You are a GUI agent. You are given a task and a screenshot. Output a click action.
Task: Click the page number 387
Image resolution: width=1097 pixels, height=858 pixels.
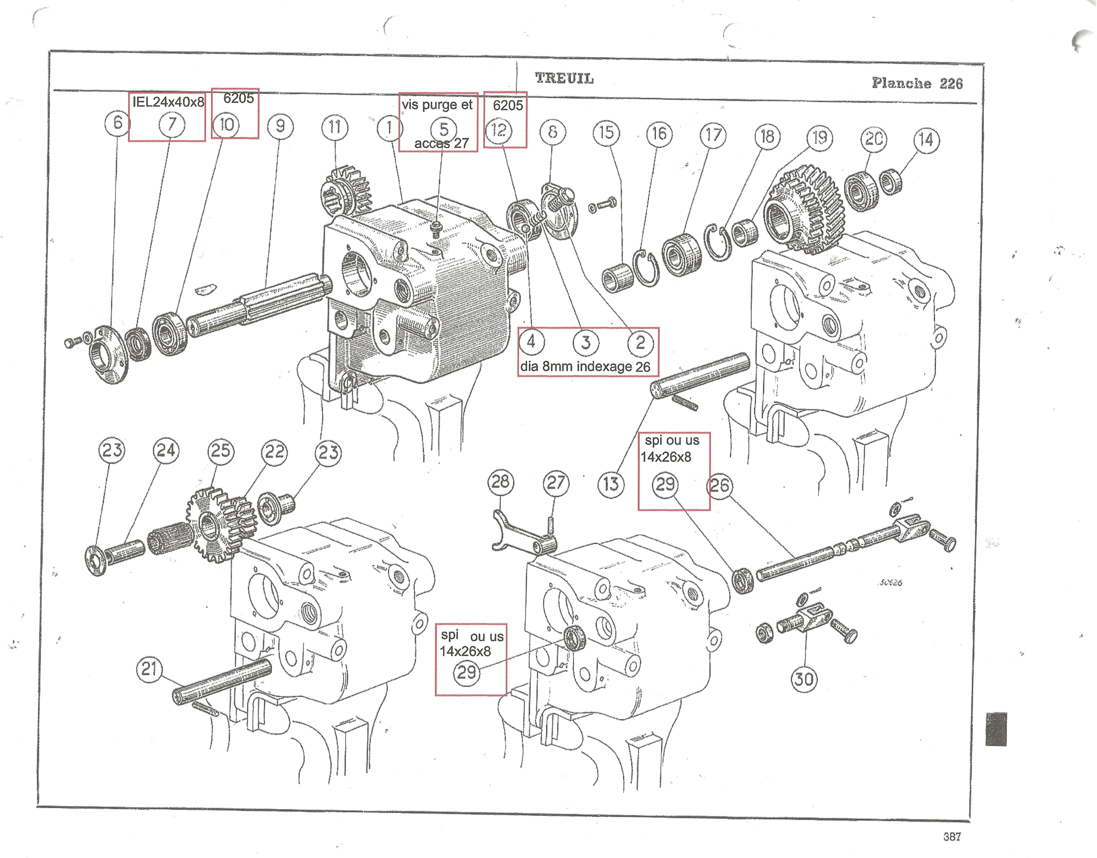(952, 836)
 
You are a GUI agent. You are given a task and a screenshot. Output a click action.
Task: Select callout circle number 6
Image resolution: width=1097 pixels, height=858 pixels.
(117, 123)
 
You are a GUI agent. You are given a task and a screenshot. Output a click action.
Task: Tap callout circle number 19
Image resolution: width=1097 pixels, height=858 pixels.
(820, 137)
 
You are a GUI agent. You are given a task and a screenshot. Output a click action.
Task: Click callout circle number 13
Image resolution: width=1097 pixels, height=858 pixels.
(611, 484)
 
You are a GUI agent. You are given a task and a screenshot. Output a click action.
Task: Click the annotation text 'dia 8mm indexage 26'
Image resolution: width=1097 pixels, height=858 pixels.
(585, 367)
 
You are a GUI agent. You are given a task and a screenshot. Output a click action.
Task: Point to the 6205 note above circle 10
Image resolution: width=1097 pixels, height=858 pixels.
(239, 99)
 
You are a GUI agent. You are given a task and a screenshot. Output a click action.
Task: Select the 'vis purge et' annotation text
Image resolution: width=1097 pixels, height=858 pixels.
(437, 105)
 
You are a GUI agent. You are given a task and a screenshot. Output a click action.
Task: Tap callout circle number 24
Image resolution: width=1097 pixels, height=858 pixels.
(166, 450)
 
